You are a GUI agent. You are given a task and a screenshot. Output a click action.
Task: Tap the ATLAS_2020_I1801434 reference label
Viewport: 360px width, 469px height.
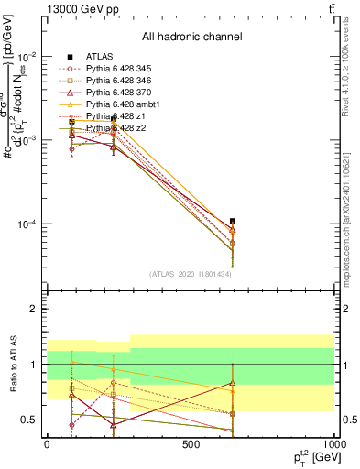(191, 273)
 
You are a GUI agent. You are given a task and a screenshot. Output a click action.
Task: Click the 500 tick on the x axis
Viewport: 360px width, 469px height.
(191, 443)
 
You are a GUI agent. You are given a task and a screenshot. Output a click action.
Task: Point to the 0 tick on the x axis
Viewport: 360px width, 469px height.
(47, 443)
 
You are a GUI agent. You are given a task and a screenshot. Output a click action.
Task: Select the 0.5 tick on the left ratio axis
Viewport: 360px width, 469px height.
(30, 420)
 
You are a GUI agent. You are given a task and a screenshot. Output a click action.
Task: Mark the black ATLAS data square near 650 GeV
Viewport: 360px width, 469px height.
(233, 221)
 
